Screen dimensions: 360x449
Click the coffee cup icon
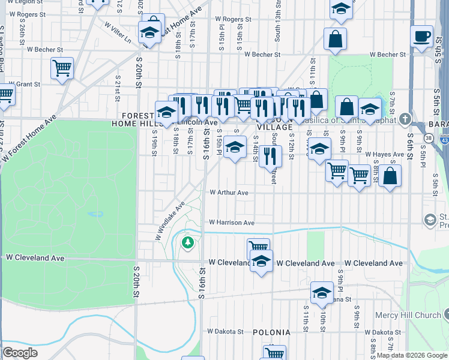click(422, 35)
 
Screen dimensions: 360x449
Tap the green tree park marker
click(188, 242)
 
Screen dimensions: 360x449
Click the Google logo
click(20, 353)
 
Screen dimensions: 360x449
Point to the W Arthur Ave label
click(229, 193)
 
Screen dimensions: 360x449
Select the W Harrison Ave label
click(232, 223)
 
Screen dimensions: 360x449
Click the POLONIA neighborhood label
click(271, 332)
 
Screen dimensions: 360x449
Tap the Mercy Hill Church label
click(408, 315)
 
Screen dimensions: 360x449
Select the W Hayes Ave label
click(384, 154)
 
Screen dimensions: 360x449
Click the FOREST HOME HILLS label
click(138, 119)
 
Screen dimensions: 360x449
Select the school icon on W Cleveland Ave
click(261, 262)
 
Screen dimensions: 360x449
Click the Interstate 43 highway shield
click(445, 139)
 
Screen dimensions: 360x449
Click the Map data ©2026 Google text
click(412, 355)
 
